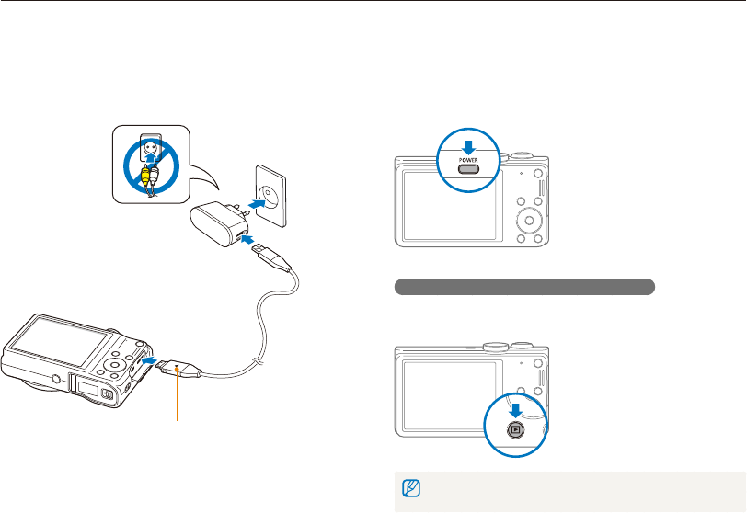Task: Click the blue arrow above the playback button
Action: pyautogui.click(x=515, y=410)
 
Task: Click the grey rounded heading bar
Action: pyautogui.click(x=524, y=287)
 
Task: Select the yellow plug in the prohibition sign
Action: pyautogui.click(x=145, y=174)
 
